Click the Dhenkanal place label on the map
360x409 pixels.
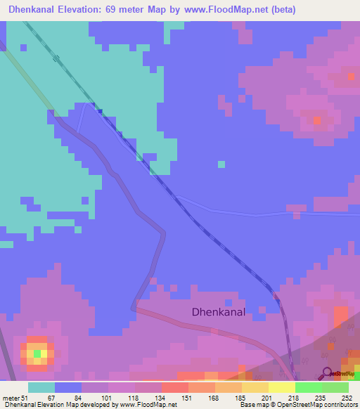click(x=219, y=313)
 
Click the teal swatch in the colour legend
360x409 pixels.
click(x=41, y=387)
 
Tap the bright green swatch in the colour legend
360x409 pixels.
click(x=308, y=387)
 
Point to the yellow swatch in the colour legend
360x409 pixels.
click(x=281, y=387)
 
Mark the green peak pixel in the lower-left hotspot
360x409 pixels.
click(x=37, y=353)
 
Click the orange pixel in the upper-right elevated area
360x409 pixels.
click(x=316, y=120)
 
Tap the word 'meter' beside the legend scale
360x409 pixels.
click(x=12, y=398)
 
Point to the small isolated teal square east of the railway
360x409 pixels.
click(x=221, y=164)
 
